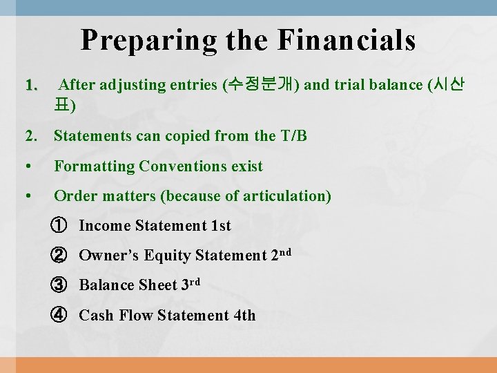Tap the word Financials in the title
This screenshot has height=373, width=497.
(347, 40)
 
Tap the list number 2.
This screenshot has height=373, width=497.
(31, 136)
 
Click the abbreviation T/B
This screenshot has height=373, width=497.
(293, 136)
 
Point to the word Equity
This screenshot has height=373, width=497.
(170, 256)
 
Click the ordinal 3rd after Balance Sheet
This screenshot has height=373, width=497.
(191, 284)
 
